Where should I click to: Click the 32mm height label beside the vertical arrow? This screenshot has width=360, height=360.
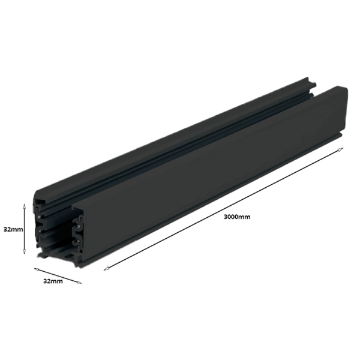13,229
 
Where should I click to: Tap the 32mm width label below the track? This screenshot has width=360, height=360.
52,280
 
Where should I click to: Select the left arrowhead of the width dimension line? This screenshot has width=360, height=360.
35,269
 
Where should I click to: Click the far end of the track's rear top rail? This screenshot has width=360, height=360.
309,80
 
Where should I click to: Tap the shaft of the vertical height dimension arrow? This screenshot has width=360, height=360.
24,229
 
